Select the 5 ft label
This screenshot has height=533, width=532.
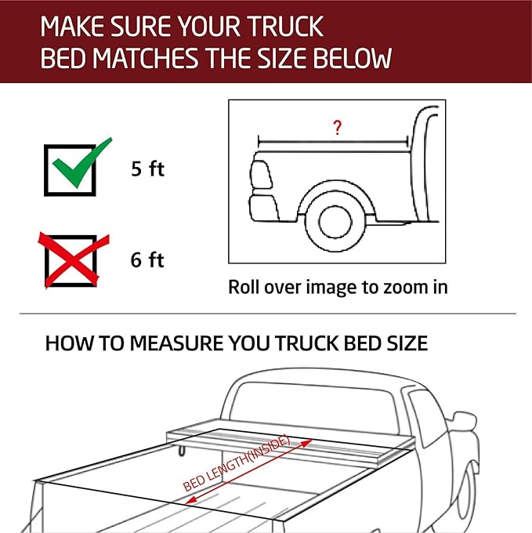tap(147, 169)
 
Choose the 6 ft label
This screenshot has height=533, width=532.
tap(147, 259)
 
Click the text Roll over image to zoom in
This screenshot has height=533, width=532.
tap(338, 287)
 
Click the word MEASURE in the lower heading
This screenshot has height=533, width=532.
tap(191, 343)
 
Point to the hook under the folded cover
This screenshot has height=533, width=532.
tap(183, 449)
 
